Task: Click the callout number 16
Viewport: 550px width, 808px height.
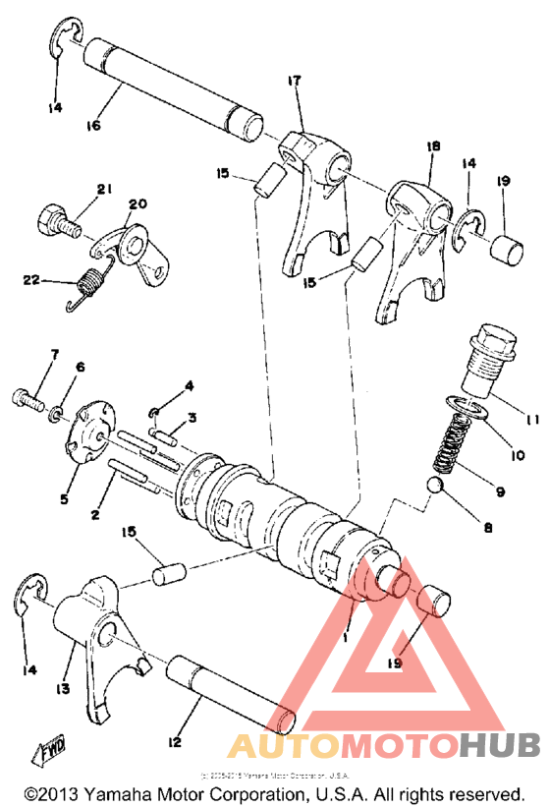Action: click(x=94, y=126)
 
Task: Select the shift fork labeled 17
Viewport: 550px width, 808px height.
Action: click(x=312, y=197)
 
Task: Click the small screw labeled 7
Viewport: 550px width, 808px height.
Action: click(x=27, y=400)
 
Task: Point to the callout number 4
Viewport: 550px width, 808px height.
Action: click(x=190, y=384)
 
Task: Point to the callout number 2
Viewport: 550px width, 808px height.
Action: click(x=96, y=514)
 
